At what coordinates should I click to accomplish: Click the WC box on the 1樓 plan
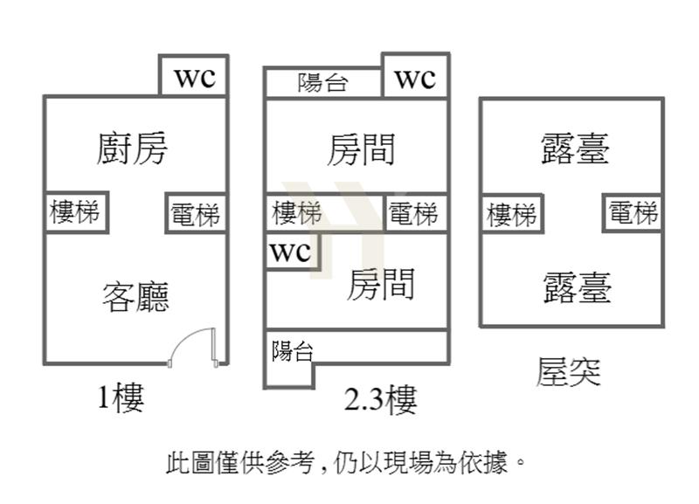pos(194,77)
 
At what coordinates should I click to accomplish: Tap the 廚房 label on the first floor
pos(131,148)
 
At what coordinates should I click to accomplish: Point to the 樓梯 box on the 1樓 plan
pos(76,212)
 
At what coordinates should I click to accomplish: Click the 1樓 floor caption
pos(120,398)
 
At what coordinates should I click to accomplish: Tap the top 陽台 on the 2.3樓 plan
pos(323,83)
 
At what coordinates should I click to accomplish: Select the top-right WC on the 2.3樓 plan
pos(415,79)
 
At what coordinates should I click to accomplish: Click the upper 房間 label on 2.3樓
pos(361,148)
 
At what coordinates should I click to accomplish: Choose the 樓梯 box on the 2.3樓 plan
pos(297,213)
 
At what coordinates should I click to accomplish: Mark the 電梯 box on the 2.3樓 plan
pos(412,214)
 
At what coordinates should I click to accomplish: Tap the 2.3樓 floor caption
pos(380,400)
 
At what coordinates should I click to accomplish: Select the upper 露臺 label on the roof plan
pos(575,148)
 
